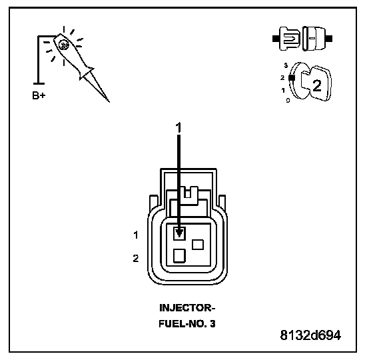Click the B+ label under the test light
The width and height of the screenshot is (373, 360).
pyautogui.click(x=39, y=95)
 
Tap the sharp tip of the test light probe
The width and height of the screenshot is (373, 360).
pyautogui.click(x=109, y=102)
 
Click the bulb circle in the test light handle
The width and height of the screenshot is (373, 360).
pyautogui.click(x=63, y=45)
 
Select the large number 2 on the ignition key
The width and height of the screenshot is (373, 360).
pyautogui.click(x=317, y=86)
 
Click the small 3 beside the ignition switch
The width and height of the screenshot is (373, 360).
pyautogui.click(x=286, y=65)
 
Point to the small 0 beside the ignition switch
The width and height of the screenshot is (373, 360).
pyautogui.click(x=288, y=101)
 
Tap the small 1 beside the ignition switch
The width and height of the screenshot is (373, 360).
pyautogui.click(x=283, y=91)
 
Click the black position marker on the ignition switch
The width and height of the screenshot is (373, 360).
pyautogui.click(x=292, y=77)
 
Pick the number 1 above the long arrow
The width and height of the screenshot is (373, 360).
pyautogui.click(x=179, y=127)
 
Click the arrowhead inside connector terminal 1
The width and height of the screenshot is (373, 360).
pyautogui.click(x=179, y=233)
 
